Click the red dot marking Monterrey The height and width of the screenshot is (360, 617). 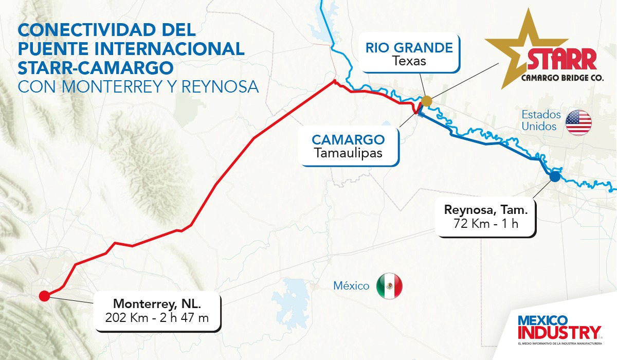[x=44, y=296]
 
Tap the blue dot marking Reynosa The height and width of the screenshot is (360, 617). [x=554, y=177]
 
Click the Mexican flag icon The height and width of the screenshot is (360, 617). [x=389, y=286]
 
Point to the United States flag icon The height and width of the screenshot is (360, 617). [x=578, y=122]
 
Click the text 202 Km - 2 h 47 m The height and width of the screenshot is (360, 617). [x=157, y=317]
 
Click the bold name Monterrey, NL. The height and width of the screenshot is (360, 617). [x=157, y=303]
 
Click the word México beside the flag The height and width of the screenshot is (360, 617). [x=351, y=286]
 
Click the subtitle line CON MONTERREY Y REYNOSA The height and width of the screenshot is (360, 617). [x=138, y=86]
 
